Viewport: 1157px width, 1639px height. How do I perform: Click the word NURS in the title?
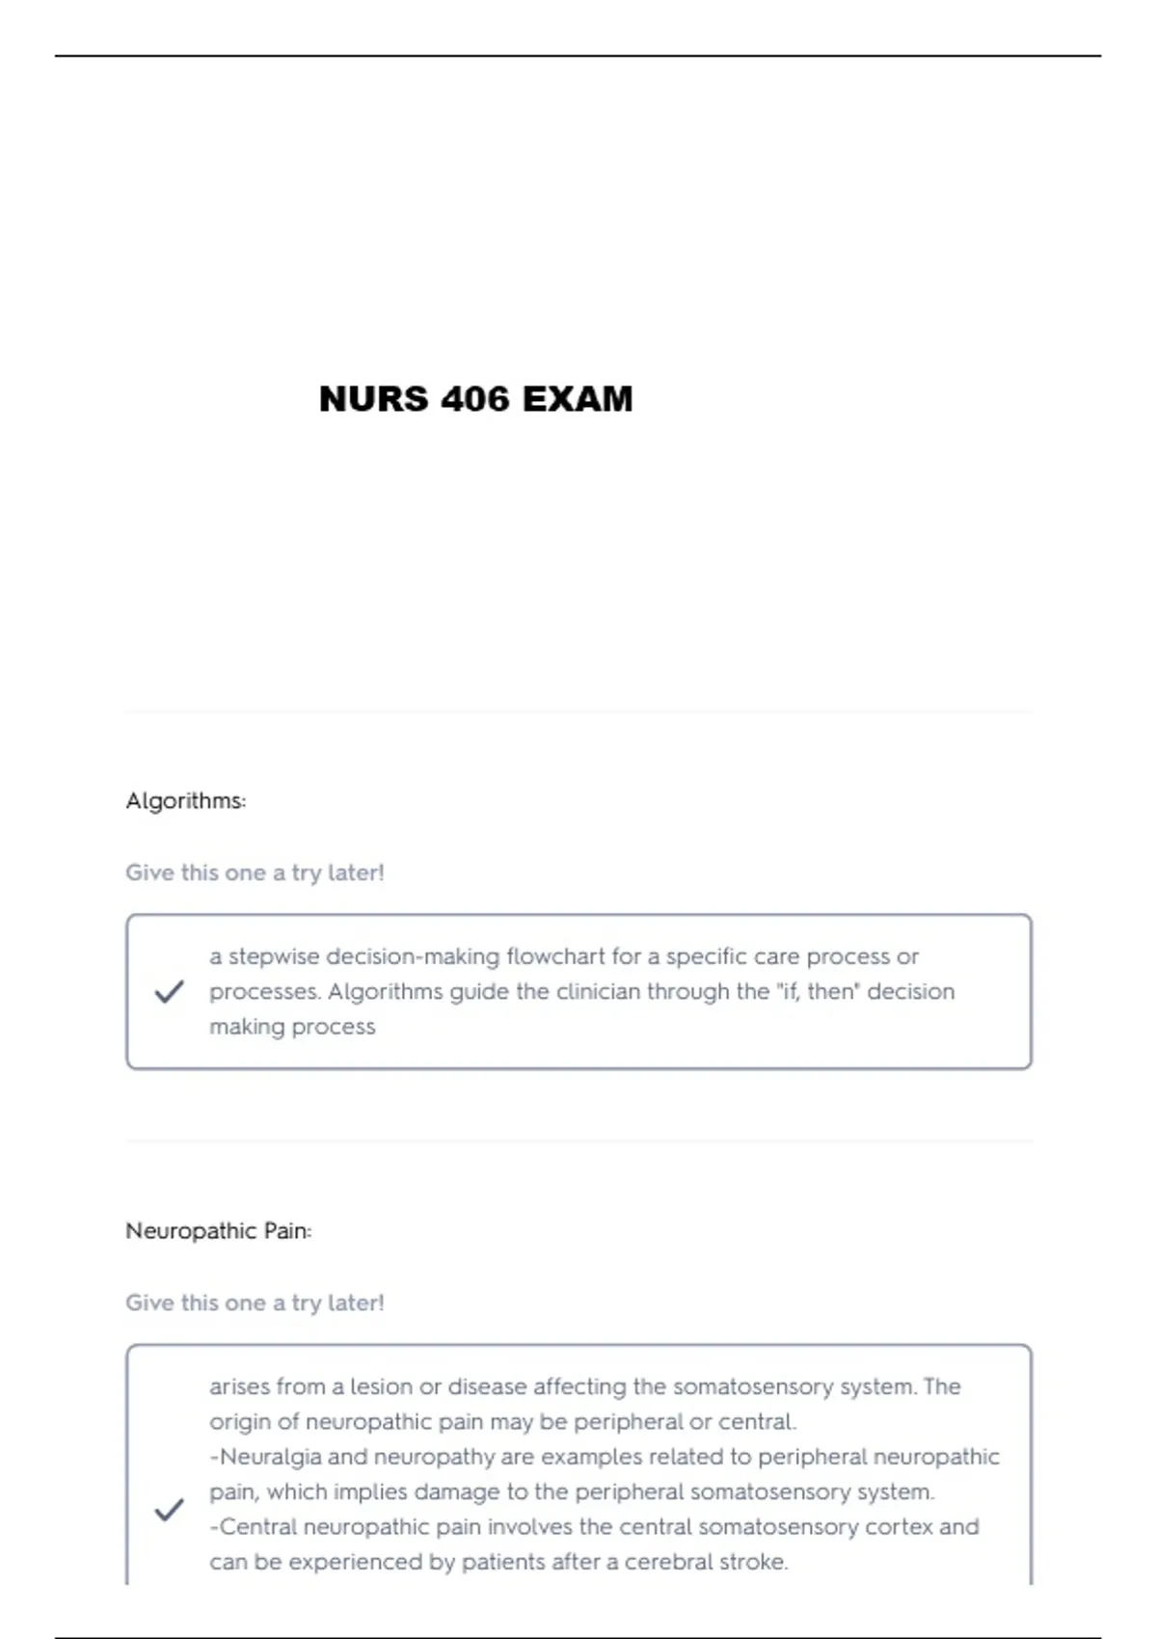373,399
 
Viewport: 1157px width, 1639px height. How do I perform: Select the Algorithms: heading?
186,801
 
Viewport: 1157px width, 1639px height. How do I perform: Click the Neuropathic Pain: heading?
219,1231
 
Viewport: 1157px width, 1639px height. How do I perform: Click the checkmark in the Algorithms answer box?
169,991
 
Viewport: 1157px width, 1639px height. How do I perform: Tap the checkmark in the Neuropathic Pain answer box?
169,1510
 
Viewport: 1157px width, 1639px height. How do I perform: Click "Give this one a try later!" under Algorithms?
255,873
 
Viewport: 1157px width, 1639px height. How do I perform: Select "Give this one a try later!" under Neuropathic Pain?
255,1303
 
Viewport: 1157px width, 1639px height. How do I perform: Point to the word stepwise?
274,956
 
